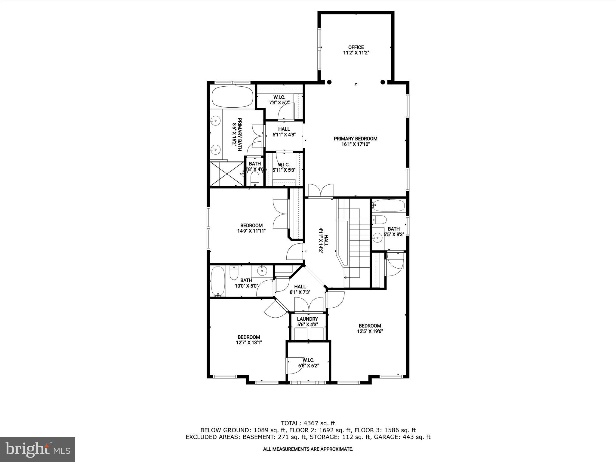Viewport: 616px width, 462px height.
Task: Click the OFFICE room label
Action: (x=356, y=47)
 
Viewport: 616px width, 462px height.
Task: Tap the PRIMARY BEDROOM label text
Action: (x=355, y=139)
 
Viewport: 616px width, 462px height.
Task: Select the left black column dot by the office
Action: (x=329, y=82)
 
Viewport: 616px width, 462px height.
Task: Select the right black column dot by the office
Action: (x=383, y=82)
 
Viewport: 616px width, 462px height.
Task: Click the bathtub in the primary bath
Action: (x=233, y=97)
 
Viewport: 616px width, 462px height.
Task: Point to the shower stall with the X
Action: (x=227, y=174)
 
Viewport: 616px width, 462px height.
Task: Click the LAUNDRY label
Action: (x=307, y=319)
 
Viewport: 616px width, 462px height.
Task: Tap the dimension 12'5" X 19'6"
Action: (x=370, y=331)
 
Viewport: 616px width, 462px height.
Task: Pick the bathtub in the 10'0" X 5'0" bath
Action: (x=216, y=282)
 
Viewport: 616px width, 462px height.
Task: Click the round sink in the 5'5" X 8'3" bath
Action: (x=377, y=238)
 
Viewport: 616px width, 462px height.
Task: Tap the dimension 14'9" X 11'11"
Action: (x=251, y=231)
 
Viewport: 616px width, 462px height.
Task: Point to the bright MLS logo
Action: (x=38, y=450)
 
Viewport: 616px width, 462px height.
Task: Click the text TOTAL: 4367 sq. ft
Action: (x=308, y=423)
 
